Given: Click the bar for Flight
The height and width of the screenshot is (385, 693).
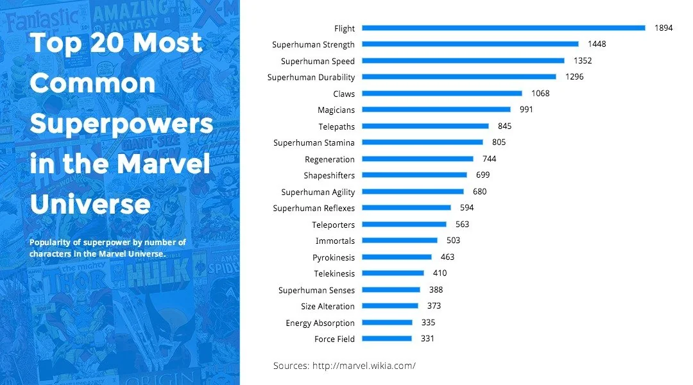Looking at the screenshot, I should point(503,28).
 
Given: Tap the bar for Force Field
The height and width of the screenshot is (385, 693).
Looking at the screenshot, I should point(386,339).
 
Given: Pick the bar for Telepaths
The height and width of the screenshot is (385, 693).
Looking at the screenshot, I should point(425,126).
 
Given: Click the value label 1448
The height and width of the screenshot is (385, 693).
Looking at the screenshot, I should point(597,44).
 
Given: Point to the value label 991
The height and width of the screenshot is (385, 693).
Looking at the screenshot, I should point(526,110).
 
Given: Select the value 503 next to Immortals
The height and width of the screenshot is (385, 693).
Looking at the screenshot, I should point(453,241).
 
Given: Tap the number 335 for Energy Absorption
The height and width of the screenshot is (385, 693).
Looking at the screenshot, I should point(428,322).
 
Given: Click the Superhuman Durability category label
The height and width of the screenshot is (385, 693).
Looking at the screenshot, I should point(311,78).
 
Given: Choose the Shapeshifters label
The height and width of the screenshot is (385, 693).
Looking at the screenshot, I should point(329,176).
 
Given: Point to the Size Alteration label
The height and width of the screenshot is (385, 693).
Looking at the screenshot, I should point(327,307).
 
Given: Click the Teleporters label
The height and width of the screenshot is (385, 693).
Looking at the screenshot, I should point(333,225).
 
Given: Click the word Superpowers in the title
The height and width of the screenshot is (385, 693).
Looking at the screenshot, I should point(121,124).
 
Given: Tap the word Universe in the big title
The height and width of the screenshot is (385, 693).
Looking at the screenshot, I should point(90,205).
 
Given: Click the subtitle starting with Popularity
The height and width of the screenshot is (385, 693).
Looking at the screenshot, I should point(107,248).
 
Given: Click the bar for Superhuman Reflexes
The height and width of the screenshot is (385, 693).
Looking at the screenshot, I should point(406,208).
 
